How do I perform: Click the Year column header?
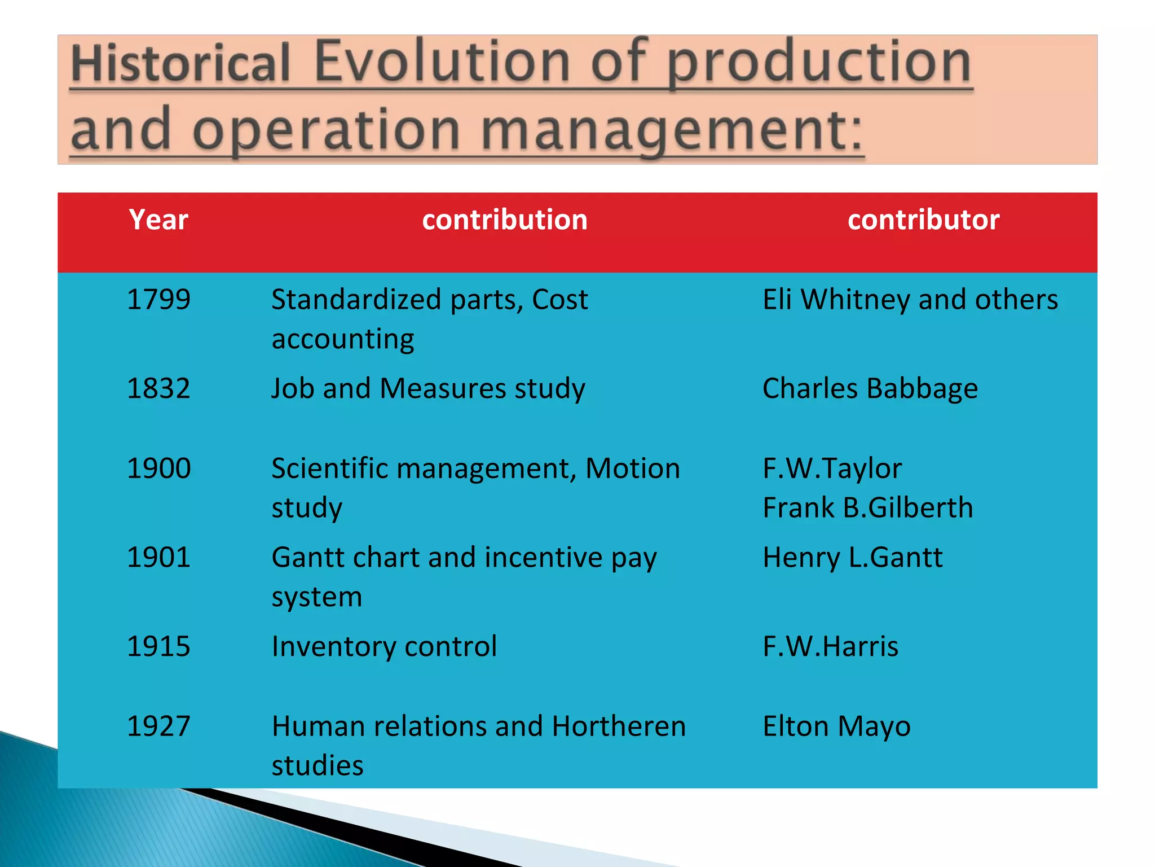[158, 220]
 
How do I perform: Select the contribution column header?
[505, 220]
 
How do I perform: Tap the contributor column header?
[923, 220]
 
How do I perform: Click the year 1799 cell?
[158, 299]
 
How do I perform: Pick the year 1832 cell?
[158, 388]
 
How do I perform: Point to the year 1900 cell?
[158, 468]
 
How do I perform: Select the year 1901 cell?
[158, 557]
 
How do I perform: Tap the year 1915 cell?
[158, 646]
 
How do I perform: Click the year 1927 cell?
[158, 726]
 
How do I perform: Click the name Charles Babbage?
[870, 388]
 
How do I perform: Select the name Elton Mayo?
[836, 726]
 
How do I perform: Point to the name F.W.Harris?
[830, 646]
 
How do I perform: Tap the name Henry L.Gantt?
[852, 557]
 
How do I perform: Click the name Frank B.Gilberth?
[867, 507]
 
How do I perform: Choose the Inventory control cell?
[384, 646]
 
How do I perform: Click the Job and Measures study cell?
[428, 388]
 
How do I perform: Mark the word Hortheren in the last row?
[619, 726]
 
